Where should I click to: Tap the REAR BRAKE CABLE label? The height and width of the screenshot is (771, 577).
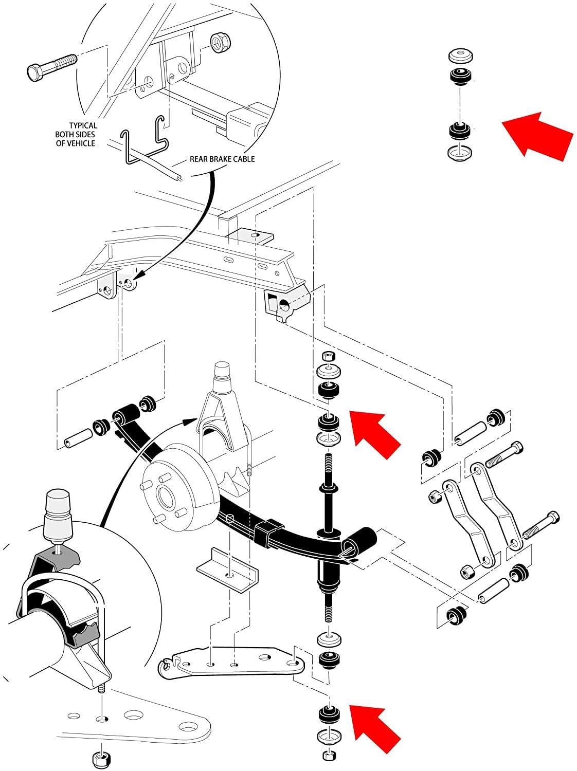tap(222, 159)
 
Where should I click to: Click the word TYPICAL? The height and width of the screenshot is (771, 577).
tap(83, 125)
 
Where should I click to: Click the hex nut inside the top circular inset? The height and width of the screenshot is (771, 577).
tap(221, 43)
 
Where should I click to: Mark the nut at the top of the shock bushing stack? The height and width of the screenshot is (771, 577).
tap(328, 357)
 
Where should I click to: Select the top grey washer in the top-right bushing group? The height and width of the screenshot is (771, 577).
tap(461, 56)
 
